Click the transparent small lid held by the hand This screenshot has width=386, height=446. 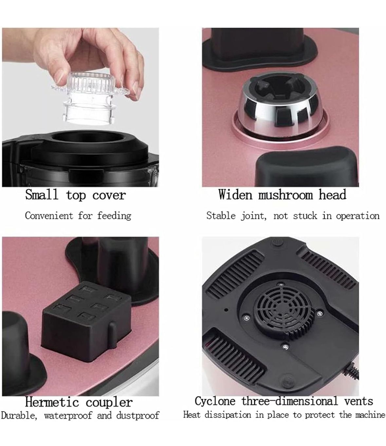[90, 98]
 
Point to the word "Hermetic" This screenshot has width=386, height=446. [52, 402]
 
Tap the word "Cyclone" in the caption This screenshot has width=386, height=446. [215, 401]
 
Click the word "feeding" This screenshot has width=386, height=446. [114, 216]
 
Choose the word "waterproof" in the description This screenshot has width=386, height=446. [68, 416]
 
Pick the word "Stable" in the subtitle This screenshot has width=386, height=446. [221, 216]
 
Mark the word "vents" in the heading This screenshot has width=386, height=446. [358, 402]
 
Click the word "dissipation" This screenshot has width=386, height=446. [228, 415]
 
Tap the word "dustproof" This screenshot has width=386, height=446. [138, 416]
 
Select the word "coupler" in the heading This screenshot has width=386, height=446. [109, 403]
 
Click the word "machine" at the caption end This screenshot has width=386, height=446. [370, 415]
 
